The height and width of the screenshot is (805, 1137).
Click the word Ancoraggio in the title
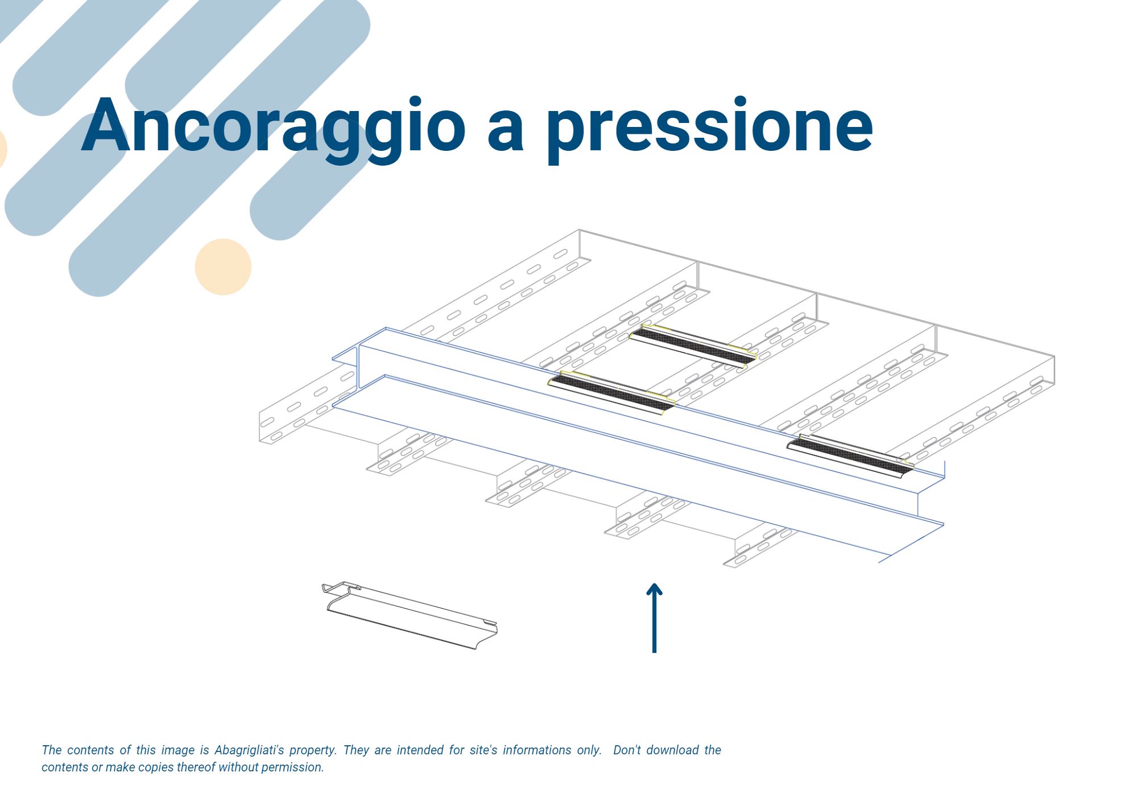(273, 128)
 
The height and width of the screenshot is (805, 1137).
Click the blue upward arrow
(654, 617)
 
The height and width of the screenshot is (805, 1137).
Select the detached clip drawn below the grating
(410, 615)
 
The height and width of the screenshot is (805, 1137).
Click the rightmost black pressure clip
(850, 455)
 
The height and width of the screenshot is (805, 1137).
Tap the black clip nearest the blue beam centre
(611, 392)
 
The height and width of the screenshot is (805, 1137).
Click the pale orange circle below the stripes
(223, 266)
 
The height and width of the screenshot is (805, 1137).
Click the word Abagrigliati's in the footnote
(249, 750)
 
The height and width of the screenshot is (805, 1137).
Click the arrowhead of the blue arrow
(654, 589)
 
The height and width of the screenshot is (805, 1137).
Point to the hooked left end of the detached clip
(336, 589)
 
